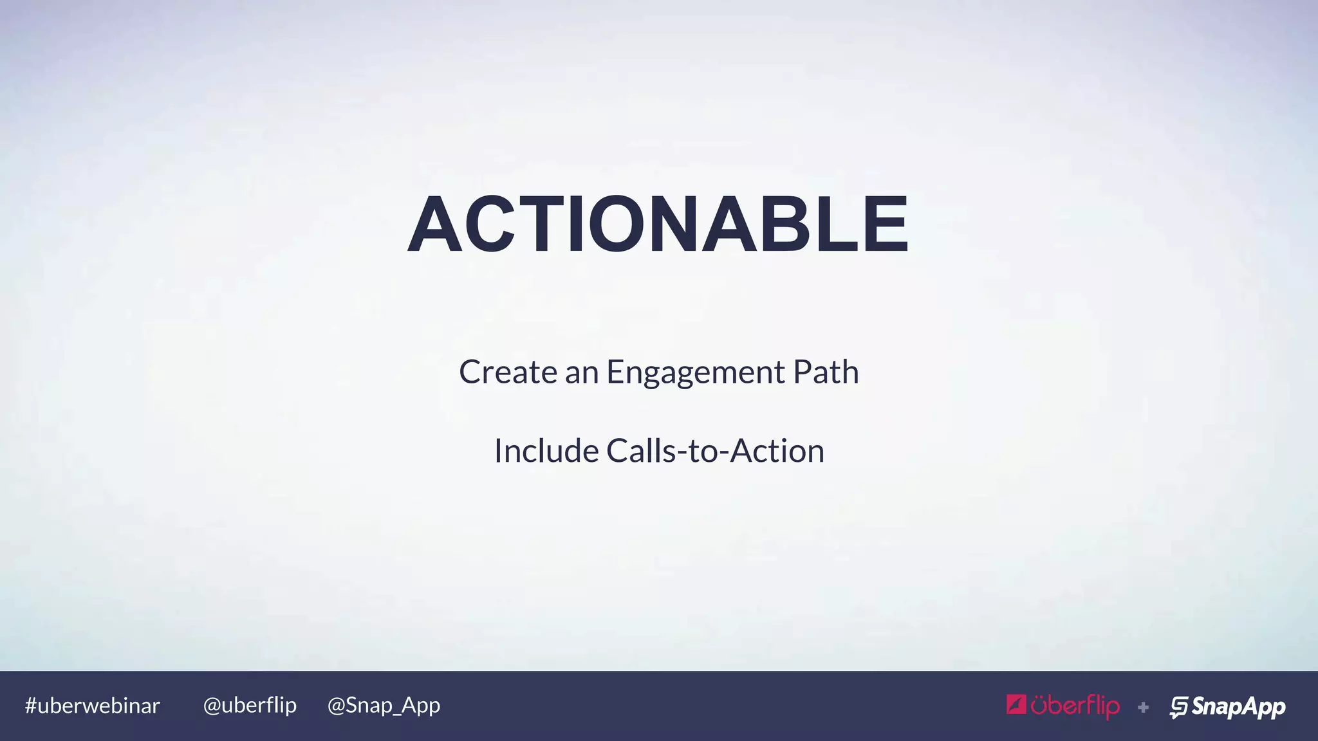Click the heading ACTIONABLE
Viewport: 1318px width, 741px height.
click(x=658, y=224)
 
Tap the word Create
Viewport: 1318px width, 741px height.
click(x=508, y=372)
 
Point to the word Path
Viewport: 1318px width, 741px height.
click(x=826, y=372)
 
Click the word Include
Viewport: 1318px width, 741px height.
click(x=546, y=450)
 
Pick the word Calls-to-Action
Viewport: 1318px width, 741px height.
click(x=715, y=450)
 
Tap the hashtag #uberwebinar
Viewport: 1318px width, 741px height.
click(x=92, y=706)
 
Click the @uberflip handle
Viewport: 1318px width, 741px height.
click(x=250, y=706)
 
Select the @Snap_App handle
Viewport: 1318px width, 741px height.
click(x=384, y=706)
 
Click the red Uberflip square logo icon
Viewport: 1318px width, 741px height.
click(x=1016, y=705)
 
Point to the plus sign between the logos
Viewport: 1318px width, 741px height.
click(x=1143, y=708)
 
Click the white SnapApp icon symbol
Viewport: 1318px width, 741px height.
click(x=1178, y=707)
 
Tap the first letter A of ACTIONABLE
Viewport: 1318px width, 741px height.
click(x=436, y=224)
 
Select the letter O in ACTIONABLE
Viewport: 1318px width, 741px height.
click(x=616, y=224)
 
